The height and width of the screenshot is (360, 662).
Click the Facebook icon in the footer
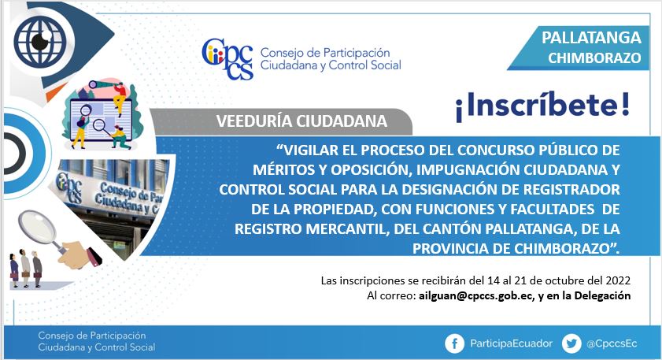(455, 343)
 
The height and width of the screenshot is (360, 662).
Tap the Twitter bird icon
(571, 343)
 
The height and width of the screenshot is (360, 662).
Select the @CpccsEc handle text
(612, 343)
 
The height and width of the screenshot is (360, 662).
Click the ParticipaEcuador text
(512, 343)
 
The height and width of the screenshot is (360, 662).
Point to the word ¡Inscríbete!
(542, 106)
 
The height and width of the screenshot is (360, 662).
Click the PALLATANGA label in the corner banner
(591, 38)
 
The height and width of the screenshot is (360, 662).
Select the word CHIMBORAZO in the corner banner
(594, 58)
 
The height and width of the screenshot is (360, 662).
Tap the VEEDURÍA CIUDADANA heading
(301, 121)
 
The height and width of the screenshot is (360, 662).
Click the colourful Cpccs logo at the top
(227, 59)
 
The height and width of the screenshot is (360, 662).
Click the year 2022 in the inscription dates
(618, 280)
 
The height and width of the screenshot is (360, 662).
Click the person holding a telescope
(119, 95)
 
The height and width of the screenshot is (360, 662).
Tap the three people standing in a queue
(26, 269)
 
